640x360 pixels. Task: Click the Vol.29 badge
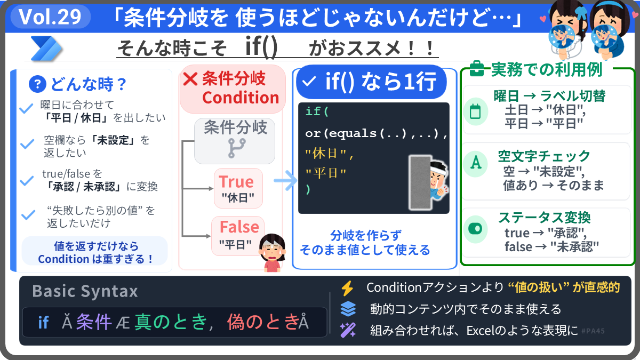[x=51, y=17]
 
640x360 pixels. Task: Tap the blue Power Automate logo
[x=46, y=49]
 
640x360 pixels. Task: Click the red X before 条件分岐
[x=190, y=79]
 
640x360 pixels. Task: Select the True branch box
[x=238, y=188]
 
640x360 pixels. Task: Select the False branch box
[x=238, y=236]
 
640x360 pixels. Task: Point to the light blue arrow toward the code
[x=285, y=181]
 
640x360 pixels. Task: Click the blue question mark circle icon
[x=37, y=84]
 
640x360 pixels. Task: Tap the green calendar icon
[x=475, y=111]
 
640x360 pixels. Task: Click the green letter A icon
[x=475, y=163]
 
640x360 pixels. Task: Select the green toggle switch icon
[x=475, y=229]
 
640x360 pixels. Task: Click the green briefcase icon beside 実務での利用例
[x=477, y=69]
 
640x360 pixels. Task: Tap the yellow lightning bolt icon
[x=348, y=288]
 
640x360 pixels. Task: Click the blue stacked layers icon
[x=348, y=309]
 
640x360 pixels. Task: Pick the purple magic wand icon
[x=348, y=330]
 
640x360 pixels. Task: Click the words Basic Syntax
[x=85, y=291]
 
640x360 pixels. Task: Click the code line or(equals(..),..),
[x=376, y=133]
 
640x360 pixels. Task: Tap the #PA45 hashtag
[x=593, y=331]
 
